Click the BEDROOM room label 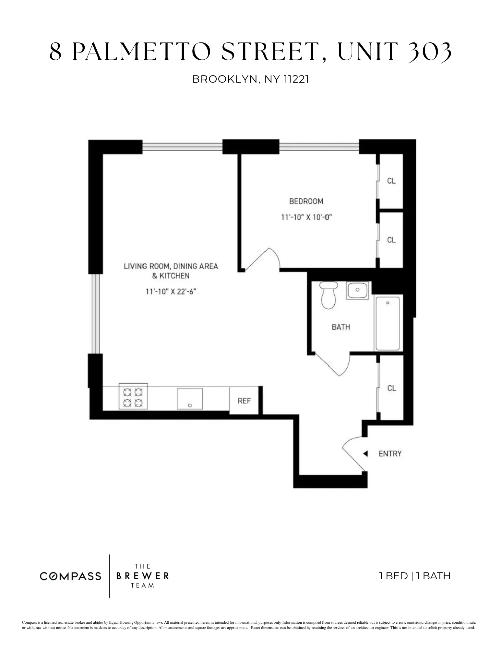[x=306, y=201]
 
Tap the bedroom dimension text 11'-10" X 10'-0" [x=306, y=217]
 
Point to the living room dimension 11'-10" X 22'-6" [x=171, y=292]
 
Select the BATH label [x=341, y=327]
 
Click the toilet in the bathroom [x=328, y=295]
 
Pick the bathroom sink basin [x=357, y=290]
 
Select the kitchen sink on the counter [x=190, y=399]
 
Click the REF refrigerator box [x=244, y=401]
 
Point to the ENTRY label [x=390, y=454]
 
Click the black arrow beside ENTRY [x=365, y=454]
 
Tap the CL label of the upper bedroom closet [x=391, y=181]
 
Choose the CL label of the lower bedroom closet [x=391, y=240]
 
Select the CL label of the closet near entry [x=392, y=388]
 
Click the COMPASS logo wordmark [x=70, y=576]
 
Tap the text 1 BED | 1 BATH [x=414, y=576]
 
